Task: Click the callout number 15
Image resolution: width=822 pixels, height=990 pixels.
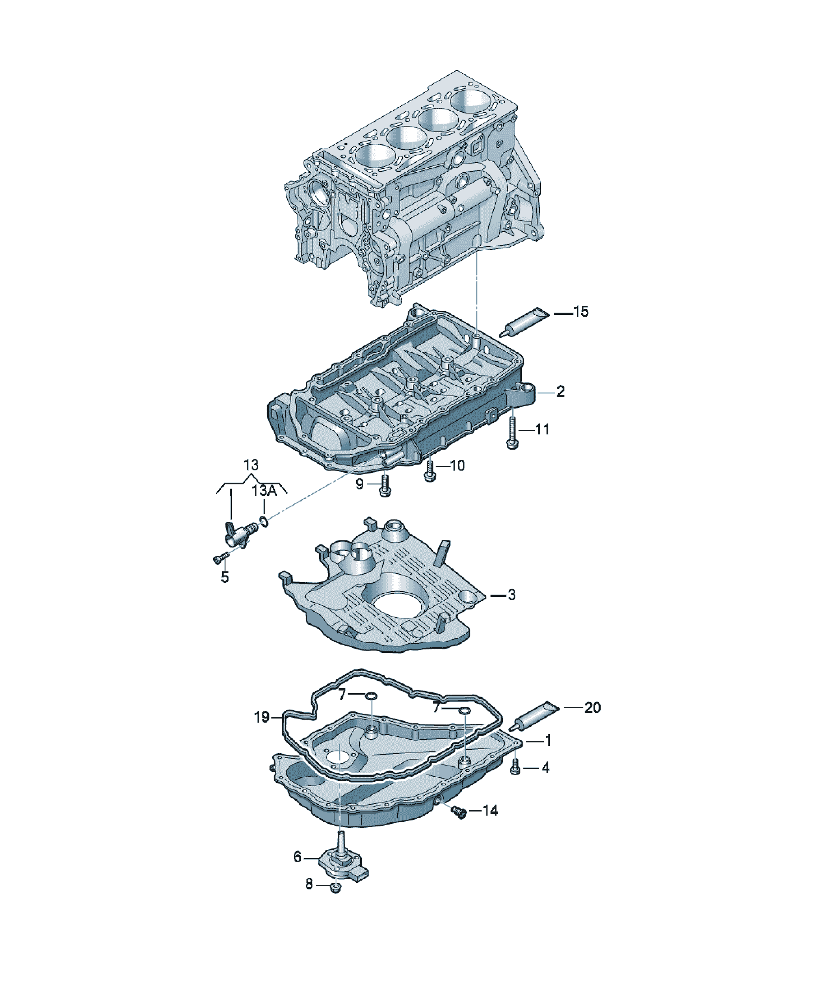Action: pos(581,311)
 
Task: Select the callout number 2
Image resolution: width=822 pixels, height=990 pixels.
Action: pos(560,391)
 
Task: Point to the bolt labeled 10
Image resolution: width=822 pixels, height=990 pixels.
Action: pos(429,471)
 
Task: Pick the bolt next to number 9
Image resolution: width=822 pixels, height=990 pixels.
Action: pos(385,485)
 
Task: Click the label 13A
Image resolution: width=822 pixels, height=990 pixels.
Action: pos(264,491)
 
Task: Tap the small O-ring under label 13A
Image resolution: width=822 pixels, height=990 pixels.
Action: pos(264,521)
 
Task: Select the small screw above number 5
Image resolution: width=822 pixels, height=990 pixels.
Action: pos(221,558)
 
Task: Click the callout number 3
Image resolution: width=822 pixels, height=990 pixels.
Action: pos(511,595)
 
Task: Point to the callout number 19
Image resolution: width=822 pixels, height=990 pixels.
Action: pos(262,717)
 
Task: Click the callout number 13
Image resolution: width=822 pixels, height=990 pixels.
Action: pos(251,465)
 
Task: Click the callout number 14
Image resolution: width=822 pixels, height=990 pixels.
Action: pos(490,810)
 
